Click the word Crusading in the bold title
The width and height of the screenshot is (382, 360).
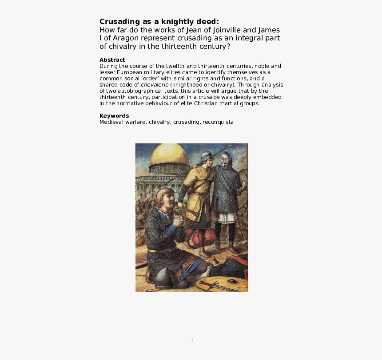pos(118,22)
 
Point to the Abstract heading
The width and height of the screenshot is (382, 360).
pos(112,59)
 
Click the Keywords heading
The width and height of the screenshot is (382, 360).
pos(114,116)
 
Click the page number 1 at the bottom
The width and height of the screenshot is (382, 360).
pos(192,340)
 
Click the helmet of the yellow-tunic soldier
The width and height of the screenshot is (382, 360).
pos(207,156)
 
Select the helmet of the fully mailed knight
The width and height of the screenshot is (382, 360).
pos(226,158)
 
